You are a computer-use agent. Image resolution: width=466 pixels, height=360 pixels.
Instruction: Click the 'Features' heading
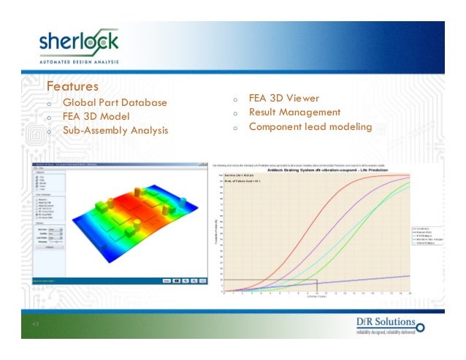click(x=72, y=87)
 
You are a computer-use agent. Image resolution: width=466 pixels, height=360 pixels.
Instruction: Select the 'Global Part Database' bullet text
click(x=115, y=102)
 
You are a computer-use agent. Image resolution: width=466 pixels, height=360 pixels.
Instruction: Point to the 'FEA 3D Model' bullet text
click(x=96, y=116)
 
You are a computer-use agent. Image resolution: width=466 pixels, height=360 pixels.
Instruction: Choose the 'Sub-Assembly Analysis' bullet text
click(x=115, y=131)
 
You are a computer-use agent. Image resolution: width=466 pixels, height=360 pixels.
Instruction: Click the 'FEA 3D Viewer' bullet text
click(x=283, y=98)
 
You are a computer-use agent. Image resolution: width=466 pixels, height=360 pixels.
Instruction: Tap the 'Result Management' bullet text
click(x=294, y=112)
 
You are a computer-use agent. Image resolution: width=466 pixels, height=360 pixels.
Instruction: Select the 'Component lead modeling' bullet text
click(x=310, y=127)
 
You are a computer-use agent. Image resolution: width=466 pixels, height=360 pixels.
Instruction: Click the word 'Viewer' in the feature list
click(x=301, y=98)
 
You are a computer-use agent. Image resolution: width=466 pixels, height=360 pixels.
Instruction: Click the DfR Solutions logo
click(x=385, y=326)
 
